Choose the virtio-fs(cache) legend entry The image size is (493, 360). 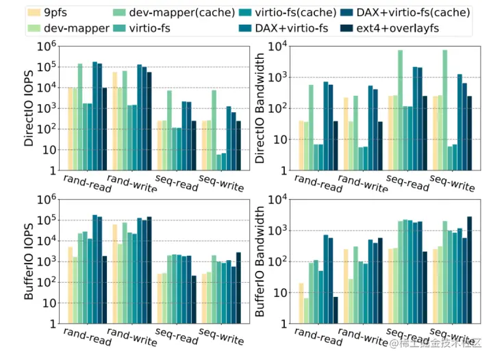(294, 12)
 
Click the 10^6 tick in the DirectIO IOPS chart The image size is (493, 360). (46, 47)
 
